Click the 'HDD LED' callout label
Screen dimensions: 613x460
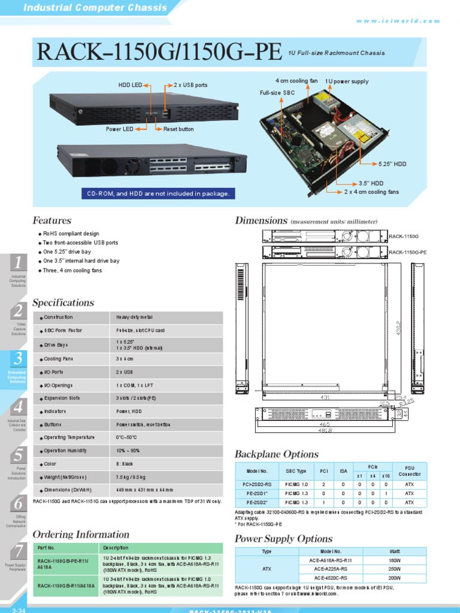(x=130, y=86)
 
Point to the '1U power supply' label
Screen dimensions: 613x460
(x=347, y=81)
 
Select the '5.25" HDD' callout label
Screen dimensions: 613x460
(x=392, y=163)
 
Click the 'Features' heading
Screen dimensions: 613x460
(x=52, y=220)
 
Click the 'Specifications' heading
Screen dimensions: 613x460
(x=63, y=303)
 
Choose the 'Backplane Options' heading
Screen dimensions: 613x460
(x=276, y=454)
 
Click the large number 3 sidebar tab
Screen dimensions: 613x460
(x=19, y=359)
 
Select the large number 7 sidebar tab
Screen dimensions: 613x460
(x=19, y=551)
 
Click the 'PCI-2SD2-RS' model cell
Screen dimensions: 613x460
(x=256, y=484)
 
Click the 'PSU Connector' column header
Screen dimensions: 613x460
(x=410, y=471)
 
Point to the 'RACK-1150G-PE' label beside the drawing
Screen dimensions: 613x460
(x=407, y=253)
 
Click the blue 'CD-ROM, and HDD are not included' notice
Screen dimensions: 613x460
(x=158, y=194)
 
